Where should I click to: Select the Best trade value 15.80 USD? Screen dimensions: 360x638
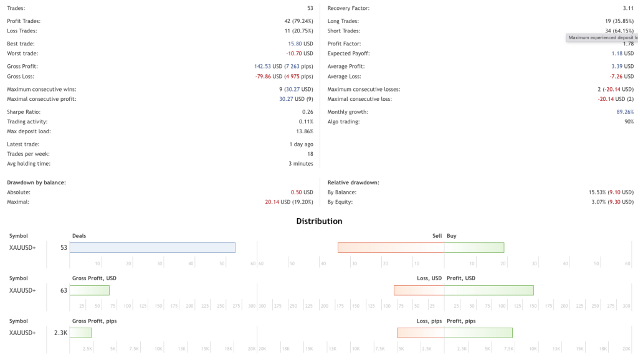click(300, 44)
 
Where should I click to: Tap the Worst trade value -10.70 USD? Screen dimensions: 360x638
click(299, 54)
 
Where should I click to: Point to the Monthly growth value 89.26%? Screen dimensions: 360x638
click(624, 112)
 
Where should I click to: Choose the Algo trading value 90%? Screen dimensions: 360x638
click(628, 121)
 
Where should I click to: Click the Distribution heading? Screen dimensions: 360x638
click(319, 221)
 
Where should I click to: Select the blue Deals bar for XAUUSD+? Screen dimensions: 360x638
click(152, 247)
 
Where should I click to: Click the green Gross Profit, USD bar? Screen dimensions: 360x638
click(89, 290)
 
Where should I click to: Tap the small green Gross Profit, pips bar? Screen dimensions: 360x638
click(80, 333)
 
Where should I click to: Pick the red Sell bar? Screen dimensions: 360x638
click(391, 247)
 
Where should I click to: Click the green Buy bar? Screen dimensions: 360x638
click(474, 247)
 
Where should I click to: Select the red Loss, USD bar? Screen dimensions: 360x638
click(419, 290)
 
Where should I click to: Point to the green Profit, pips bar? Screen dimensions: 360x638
click(478, 333)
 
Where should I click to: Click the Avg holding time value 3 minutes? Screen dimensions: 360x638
click(300, 164)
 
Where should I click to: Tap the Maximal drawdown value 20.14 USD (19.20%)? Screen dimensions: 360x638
click(289, 202)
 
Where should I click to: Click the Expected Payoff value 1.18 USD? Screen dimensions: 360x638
click(621, 54)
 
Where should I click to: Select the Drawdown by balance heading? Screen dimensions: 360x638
click(36, 182)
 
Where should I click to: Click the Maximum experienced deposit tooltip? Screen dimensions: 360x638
click(602, 37)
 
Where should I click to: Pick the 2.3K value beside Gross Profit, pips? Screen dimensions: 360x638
click(60, 333)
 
